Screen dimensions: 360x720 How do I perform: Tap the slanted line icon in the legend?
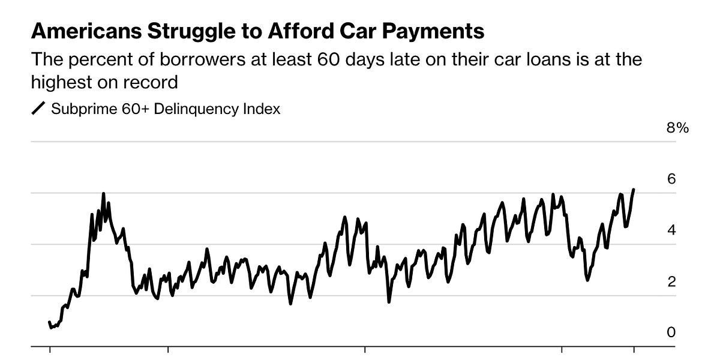[x=38, y=109]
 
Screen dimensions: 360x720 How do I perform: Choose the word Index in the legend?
[x=263, y=109]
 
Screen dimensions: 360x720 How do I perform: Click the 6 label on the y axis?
[x=671, y=179]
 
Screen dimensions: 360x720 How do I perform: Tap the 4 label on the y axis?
[x=671, y=230]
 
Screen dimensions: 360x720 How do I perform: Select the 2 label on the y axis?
[x=671, y=281]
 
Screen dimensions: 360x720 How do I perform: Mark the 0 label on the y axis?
[x=671, y=332]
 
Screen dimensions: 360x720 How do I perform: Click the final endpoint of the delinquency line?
[x=634, y=190]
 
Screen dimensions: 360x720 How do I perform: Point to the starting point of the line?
[x=49, y=322]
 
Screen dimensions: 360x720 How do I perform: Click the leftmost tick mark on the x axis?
[x=50, y=349]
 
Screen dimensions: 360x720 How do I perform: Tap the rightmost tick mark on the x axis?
[x=634, y=349]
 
